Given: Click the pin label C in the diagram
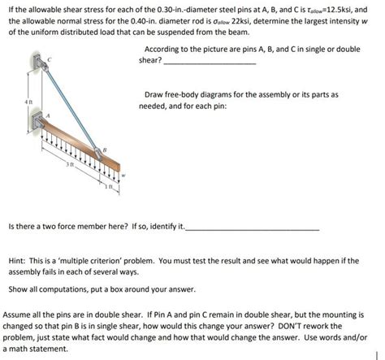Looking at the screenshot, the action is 50,59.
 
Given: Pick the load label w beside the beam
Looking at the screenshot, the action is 123,173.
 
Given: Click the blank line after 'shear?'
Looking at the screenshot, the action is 210,63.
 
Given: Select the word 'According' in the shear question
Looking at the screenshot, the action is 156,49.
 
